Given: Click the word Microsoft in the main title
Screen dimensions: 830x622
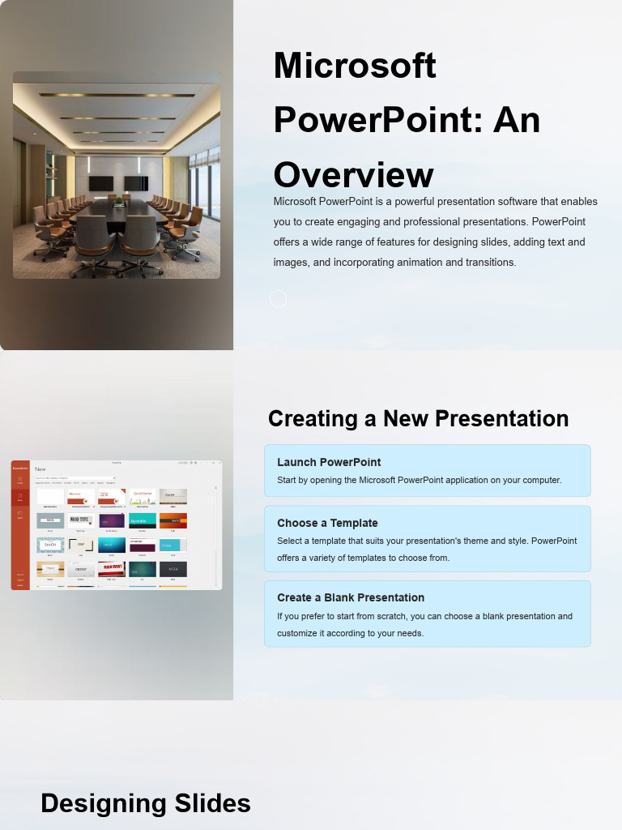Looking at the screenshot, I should (x=355, y=66).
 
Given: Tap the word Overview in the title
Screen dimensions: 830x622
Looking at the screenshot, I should (x=353, y=175).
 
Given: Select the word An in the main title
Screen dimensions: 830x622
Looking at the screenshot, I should (x=517, y=121).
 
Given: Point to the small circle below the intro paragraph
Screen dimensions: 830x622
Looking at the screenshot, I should (x=278, y=299).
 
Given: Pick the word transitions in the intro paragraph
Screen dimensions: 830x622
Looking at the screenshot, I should (x=489, y=263).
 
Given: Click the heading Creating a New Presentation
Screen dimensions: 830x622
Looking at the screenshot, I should (x=418, y=419).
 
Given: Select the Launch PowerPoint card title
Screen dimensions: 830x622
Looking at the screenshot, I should (x=329, y=462).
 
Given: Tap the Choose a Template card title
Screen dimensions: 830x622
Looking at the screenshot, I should (x=327, y=523).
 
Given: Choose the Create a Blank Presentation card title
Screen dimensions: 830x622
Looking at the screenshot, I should (x=351, y=597).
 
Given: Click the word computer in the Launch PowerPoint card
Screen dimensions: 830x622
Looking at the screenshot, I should (x=540, y=481).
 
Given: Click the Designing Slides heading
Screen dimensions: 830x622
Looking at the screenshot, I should (x=146, y=803).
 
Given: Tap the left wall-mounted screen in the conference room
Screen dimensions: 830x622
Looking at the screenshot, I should (x=100, y=183).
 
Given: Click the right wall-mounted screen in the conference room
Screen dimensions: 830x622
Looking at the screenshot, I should (x=136, y=183).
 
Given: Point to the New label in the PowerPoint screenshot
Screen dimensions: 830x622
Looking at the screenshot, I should (x=40, y=469).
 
